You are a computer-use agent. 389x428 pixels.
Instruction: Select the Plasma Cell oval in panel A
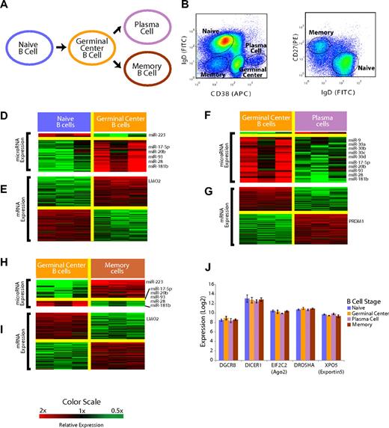(138, 21)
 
